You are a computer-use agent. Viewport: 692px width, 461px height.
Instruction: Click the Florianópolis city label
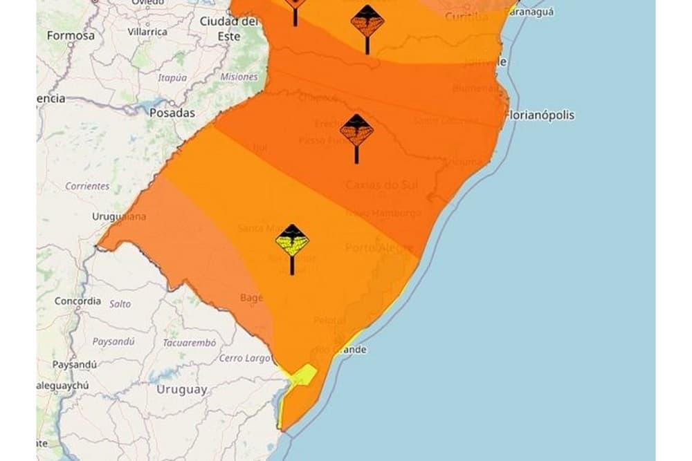tap(540, 115)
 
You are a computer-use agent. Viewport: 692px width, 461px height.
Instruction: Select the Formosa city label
tap(71, 35)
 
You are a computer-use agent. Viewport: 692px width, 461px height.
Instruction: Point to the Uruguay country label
tap(181, 389)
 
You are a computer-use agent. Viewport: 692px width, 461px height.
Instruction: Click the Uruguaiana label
tap(119, 216)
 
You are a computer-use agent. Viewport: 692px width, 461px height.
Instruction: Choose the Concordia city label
tap(78, 301)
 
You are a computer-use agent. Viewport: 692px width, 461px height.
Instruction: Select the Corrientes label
tap(87, 186)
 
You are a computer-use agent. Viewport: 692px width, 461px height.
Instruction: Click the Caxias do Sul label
tap(378, 185)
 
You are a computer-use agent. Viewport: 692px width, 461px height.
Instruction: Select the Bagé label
tap(251, 297)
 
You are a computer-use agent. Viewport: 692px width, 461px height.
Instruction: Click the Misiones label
tap(239, 77)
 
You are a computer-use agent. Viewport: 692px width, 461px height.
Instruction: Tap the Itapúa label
tap(172, 77)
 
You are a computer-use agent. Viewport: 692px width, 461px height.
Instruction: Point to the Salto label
tap(120, 303)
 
